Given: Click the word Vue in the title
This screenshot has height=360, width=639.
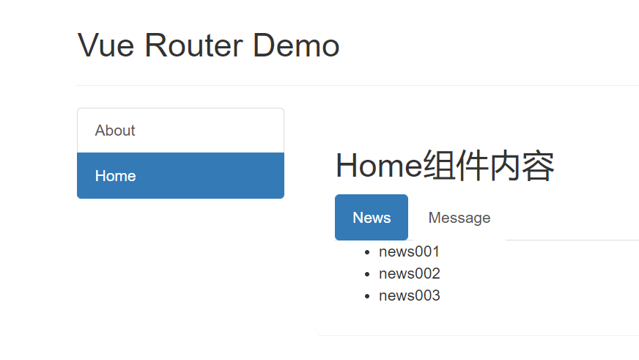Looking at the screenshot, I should (x=107, y=45).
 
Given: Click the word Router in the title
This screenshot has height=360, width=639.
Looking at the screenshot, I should (x=194, y=45).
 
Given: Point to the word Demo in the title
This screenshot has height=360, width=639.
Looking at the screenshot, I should (x=296, y=45).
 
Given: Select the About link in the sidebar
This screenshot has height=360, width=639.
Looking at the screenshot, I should (x=115, y=131).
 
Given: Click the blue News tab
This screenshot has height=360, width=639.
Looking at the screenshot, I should (x=372, y=218).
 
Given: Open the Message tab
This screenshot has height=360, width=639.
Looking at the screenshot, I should (x=459, y=218).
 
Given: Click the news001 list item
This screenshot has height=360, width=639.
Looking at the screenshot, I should (x=409, y=252).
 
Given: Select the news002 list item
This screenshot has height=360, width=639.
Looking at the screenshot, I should (x=409, y=274).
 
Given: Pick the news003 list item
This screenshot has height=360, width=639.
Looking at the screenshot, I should (x=409, y=296).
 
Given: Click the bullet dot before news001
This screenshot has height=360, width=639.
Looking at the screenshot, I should (x=367, y=253).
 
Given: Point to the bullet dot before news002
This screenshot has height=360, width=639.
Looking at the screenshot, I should (x=367, y=275).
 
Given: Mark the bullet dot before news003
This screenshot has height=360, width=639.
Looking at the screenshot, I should (x=367, y=297).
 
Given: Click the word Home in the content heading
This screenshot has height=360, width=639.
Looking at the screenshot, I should (x=379, y=166).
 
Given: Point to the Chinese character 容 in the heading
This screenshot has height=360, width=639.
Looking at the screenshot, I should (x=539, y=166).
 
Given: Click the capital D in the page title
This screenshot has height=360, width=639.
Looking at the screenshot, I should (x=265, y=45).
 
